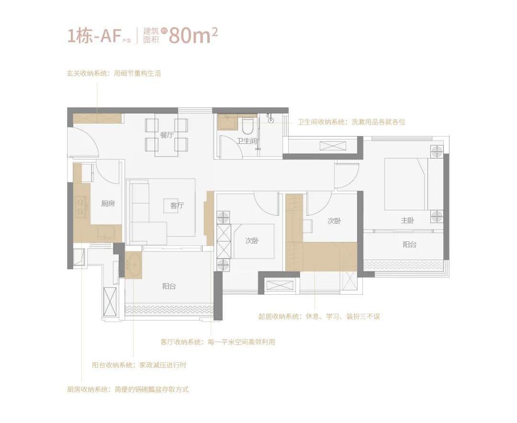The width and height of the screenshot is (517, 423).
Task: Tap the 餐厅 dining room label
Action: tap(167, 135)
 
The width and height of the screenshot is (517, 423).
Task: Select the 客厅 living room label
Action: tap(177, 206)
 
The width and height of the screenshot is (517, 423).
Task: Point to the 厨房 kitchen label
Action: tap(108, 204)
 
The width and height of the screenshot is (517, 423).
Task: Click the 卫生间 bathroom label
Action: tap(247, 141)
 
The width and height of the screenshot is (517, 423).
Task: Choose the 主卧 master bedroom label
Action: tap(407, 220)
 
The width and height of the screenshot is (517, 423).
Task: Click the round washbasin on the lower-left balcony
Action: tap(134, 264)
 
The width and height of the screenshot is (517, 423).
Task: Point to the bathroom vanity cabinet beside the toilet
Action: tap(227, 123)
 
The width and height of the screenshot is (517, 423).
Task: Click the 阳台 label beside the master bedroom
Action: tap(409, 244)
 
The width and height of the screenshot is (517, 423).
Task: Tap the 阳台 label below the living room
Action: tap(169, 286)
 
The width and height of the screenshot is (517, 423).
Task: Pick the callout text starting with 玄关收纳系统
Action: tap(114, 73)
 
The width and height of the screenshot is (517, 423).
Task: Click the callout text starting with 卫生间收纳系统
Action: tap(351, 122)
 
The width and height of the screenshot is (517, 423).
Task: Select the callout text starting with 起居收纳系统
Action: tap(319, 317)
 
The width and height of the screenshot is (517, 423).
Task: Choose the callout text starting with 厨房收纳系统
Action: tap(128, 389)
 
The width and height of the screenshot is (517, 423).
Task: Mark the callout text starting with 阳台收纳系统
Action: tap(139, 365)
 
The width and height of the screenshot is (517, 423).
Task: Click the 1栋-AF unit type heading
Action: tap(93, 36)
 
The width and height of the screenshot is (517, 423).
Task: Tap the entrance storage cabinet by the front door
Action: tap(97, 118)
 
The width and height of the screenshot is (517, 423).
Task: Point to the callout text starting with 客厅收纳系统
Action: tap(218, 342)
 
